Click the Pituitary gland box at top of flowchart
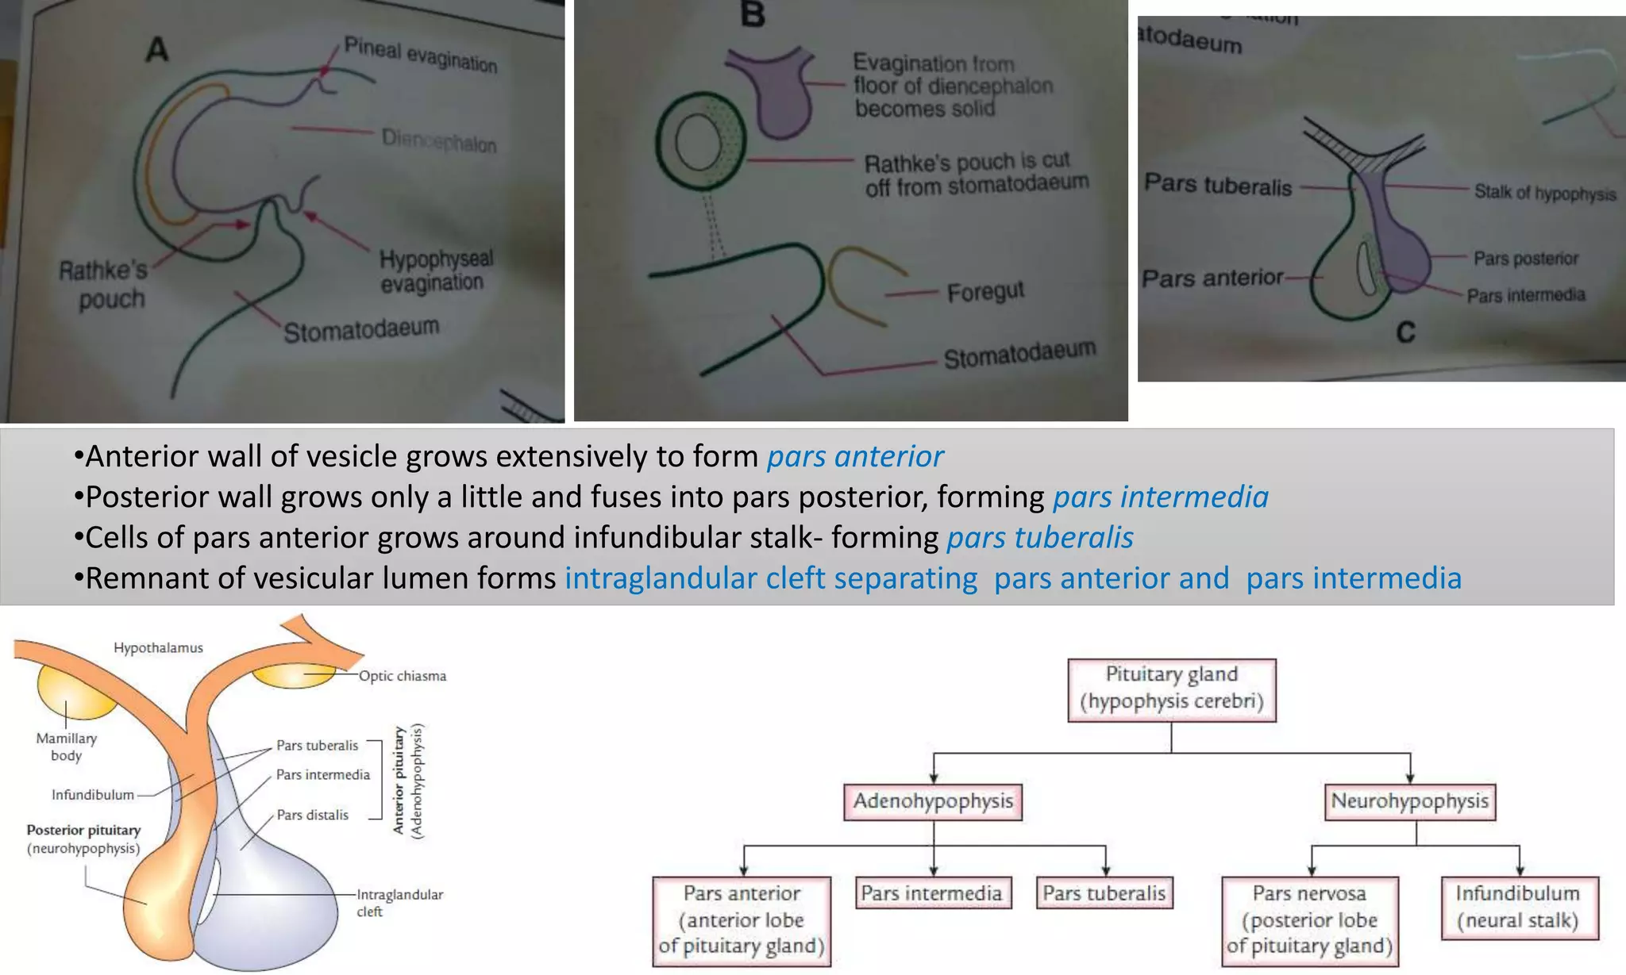pyautogui.click(x=1171, y=689)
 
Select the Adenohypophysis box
pyautogui.click(x=933, y=801)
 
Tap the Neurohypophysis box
pyautogui.click(x=1409, y=801)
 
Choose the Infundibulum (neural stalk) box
pyautogui.click(x=1518, y=907)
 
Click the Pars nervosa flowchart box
pyautogui.click(x=1310, y=920)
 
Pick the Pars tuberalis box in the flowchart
pyautogui.click(x=1104, y=893)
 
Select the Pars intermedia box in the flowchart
pyautogui.click(x=932, y=893)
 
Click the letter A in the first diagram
pyautogui.click(x=157, y=49)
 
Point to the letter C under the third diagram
pyautogui.click(x=1405, y=332)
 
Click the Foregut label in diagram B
pyautogui.click(x=985, y=292)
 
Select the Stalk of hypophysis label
pyautogui.click(x=1544, y=193)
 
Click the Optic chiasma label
pyautogui.click(x=403, y=676)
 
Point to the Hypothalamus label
pyautogui.click(x=158, y=648)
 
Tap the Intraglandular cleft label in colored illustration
pyautogui.click(x=399, y=903)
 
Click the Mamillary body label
pyautogui.click(x=67, y=747)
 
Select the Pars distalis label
pyautogui.click(x=312, y=815)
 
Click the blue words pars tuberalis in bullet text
pyautogui.click(x=1040, y=538)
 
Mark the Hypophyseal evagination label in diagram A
pyautogui.click(x=435, y=271)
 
